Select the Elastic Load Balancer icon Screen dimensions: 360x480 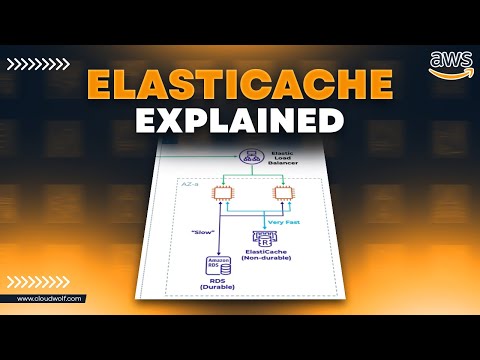247,157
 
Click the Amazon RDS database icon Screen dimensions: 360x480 217,268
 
